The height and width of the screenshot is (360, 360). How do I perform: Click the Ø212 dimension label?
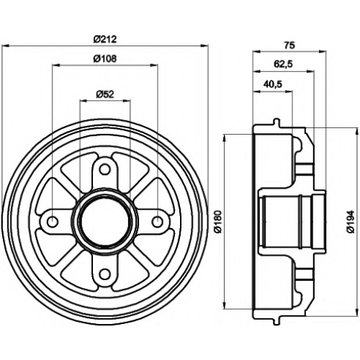105,39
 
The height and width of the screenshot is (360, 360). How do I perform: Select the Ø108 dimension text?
105,58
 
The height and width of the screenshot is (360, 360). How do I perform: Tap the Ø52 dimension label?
105,94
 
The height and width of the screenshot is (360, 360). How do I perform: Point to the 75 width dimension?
289,45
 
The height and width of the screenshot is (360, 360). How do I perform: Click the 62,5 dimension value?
283,64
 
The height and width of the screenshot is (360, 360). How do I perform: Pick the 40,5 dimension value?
273,84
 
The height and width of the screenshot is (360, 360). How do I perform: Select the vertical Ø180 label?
218,221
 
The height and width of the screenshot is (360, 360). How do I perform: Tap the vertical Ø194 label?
351,221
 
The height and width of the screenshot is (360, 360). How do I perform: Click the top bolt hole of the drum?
104,169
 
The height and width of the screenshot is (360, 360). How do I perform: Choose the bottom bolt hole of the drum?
104,274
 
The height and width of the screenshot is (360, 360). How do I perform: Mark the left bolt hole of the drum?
53,222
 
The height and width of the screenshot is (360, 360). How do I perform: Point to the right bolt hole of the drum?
157,222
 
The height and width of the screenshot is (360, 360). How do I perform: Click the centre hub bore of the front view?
105,222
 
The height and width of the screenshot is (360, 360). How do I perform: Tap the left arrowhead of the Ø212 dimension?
5,45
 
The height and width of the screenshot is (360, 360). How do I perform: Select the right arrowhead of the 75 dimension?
323,51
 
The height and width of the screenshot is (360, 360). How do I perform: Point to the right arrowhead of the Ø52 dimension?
127,101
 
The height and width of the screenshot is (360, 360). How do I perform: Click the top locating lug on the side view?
276,122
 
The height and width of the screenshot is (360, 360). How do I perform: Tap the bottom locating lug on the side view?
276,321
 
